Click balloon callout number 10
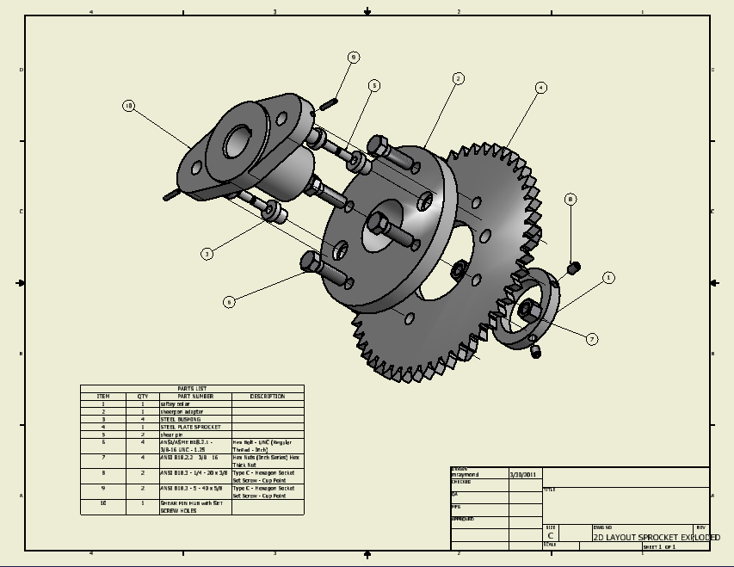tap(129, 106)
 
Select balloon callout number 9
tap(354, 58)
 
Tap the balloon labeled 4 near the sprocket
tap(540, 87)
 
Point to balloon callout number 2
tap(459, 78)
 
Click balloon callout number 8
tap(570, 199)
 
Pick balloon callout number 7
tap(592, 339)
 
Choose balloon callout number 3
tap(207, 254)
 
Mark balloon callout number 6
tap(229, 301)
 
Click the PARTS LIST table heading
tap(192, 389)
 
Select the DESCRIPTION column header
tap(268, 397)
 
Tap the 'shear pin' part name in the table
tap(172, 434)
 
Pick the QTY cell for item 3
tap(143, 419)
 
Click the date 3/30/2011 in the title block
tap(522, 474)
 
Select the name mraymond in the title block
tap(466, 474)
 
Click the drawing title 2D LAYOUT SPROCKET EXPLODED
tap(656, 537)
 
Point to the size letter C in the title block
tap(551, 535)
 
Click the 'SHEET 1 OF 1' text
tap(659, 546)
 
